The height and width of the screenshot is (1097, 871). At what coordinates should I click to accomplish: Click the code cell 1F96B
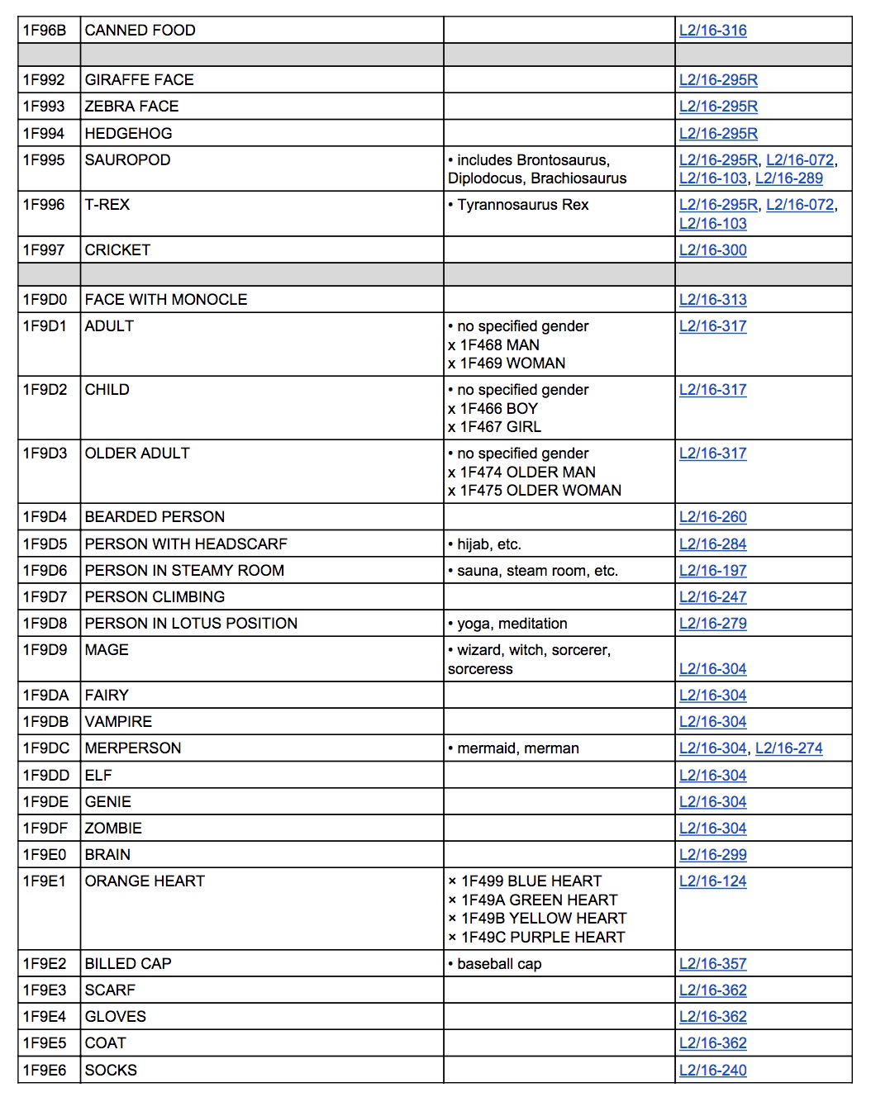(x=45, y=31)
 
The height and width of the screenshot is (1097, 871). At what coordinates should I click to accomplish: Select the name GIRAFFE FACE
(x=139, y=80)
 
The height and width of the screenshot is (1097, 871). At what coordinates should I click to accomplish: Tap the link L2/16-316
(x=712, y=31)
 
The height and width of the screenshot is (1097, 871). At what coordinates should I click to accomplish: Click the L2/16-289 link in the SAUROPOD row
(x=788, y=178)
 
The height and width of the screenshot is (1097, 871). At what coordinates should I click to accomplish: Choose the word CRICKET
(x=117, y=250)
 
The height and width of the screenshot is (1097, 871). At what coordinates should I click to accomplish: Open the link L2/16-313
(x=712, y=300)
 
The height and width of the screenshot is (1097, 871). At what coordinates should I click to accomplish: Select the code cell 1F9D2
(x=45, y=390)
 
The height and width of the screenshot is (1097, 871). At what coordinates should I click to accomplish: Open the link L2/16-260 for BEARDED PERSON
(x=712, y=517)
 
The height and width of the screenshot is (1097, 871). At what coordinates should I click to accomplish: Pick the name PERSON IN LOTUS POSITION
(x=191, y=624)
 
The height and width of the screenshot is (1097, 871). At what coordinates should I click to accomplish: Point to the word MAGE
(x=107, y=650)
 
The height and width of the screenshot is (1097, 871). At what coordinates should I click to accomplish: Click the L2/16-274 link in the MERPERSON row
(x=788, y=748)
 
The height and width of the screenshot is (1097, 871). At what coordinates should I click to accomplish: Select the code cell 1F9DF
(x=45, y=829)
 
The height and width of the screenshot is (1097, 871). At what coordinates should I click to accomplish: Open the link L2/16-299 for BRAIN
(x=712, y=855)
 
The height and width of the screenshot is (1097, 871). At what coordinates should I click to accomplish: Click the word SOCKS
(x=111, y=1071)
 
